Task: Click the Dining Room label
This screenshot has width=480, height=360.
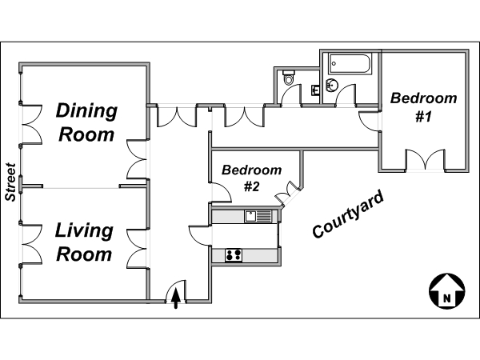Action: tap(86, 122)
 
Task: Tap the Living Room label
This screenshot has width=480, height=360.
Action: tap(84, 242)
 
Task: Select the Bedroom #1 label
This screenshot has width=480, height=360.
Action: tap(424, 107)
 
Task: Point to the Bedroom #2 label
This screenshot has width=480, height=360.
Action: tap(252, 178)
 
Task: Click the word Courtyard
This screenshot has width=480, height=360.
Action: tap(348, 214)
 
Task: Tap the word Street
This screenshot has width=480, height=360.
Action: tap(10, 182)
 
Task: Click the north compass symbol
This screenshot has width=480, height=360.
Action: tap(447, 291)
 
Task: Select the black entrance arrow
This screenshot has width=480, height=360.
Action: tap(176, 298)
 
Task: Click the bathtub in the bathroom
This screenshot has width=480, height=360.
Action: tap(350, 64)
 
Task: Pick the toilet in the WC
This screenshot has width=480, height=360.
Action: tap(289, 77)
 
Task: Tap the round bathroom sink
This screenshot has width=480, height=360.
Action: tap(331, 85)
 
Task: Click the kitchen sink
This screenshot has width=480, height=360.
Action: tap(250, 217)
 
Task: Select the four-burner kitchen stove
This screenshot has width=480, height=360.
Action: tap(234, 255)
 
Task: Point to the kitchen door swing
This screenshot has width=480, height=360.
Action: tap(199, 235)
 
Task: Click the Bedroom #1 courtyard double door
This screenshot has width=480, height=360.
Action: tap(425, 159)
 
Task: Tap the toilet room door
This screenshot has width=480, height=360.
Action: tap(291, 94)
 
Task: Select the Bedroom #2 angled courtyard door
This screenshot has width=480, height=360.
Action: tap(287, 194)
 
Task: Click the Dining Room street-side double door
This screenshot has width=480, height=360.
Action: tap(31, 124)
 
